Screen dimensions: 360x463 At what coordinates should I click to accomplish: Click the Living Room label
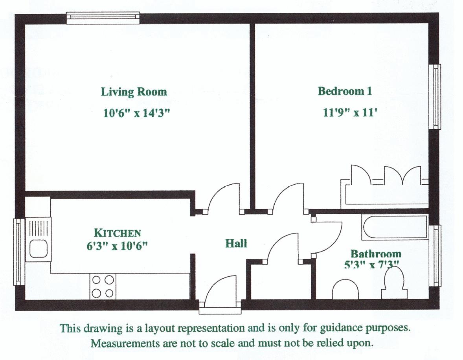pos(134,92)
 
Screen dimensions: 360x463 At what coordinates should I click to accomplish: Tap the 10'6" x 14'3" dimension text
pos(136,114)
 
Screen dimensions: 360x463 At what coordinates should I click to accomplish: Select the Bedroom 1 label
pos(344,91)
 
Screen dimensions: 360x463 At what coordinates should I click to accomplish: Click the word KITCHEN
pos(117,233)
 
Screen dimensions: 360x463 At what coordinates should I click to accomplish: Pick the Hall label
pos(236,244)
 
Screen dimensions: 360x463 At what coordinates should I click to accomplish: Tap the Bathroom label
pos(376,254)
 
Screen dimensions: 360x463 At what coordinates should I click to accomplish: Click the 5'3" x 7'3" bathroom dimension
pos(371,264)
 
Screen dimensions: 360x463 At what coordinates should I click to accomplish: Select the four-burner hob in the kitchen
pos(103,286)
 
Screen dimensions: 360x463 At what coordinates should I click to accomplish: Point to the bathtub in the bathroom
pos(395,227)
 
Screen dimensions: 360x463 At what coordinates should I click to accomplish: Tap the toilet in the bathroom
pos(394,285)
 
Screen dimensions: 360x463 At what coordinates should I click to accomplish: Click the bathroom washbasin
pos(345,290)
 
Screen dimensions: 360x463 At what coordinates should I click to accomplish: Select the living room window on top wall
pos(103,18)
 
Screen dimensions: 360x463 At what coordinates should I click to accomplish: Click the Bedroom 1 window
pos(436,96)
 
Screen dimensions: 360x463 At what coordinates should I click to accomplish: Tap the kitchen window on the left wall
pos(17,252)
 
